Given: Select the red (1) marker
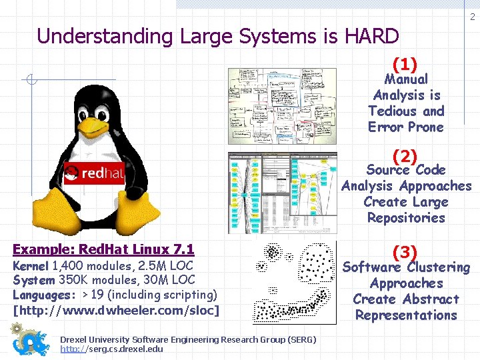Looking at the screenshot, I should tap(405, 65).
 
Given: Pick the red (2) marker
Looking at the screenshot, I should tap(405, 157).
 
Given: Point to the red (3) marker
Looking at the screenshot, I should tap(405, 253).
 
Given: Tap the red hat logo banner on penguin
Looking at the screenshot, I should tap(94, 175).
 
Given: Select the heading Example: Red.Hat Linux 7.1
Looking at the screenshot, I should tap(103, 250).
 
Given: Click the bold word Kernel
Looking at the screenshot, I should tap(31, 266).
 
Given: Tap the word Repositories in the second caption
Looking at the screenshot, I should tap(406, 218).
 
